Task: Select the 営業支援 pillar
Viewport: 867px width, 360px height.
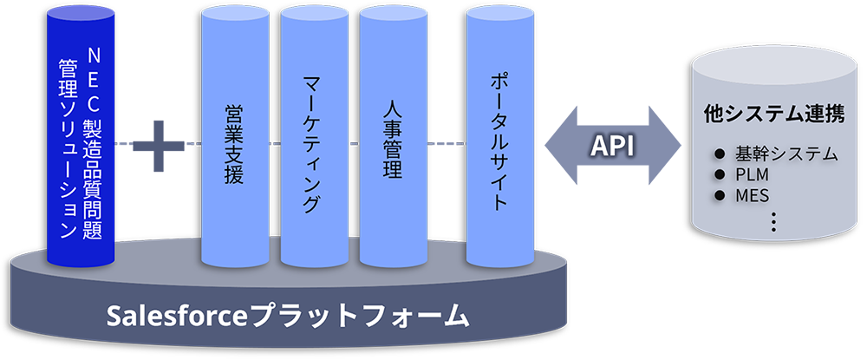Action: pyautogui.click(x=232, y=139)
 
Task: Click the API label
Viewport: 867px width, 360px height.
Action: pyautogui.click(x=612, y=146)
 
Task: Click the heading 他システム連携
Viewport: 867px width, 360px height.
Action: pyautogui.click(x=774, y=115)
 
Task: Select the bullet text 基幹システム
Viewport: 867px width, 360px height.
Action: pyautogui.click(x=786, y=154)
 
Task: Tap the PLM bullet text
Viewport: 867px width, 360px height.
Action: pyautogui.click(x=752, y=174)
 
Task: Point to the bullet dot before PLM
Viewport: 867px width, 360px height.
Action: pyautogui.click(x=719, y=175)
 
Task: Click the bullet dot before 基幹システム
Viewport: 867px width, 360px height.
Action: pyautogui.click(x=719, y=155)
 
